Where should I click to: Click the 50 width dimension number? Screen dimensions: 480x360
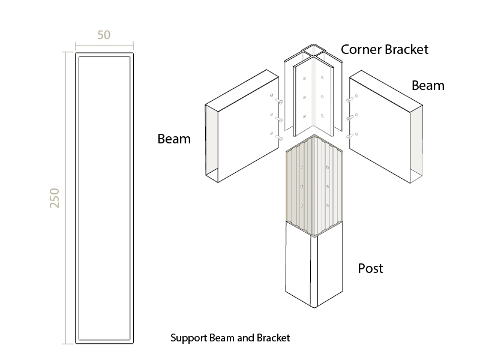click(104, 35)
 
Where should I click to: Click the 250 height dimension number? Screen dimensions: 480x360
click(55, 198)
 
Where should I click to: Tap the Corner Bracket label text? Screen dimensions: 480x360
click(385, 50)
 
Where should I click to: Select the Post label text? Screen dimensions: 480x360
click(370, 268)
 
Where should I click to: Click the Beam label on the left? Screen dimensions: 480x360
click(174, 139)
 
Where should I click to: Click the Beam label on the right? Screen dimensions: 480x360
click(428, 86)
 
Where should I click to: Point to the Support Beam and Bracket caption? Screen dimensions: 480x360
click(230, 338)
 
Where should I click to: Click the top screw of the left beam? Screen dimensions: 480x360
click(279, 101)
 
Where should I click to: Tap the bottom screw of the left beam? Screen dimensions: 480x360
click(279, 138)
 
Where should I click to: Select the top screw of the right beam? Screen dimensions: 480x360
click(350, 100)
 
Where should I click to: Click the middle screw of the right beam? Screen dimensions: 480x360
click(350, 118)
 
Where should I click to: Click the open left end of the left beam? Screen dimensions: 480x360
click(212, 143)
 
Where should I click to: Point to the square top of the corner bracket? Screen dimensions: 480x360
click(313, 51)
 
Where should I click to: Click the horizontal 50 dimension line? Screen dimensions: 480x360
click(104, 46)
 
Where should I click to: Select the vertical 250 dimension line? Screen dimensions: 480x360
click(65, 198)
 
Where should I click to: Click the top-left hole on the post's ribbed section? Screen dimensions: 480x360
click(302, 167)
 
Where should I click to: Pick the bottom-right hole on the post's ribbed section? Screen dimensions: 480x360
click(328, 206)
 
